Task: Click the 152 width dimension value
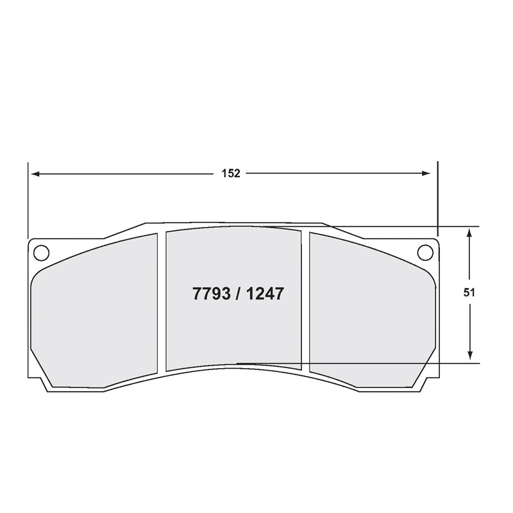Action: tap(231, 173)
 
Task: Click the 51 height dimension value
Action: tap(469, 293)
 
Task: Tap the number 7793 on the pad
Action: tap(212, 294)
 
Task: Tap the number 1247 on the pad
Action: tap(265, 294)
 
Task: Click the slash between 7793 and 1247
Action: tap(238, 294)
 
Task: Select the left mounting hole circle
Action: tap(41, 253)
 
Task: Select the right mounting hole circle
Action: tap(425, 252)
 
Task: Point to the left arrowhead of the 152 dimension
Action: tap(35, 174)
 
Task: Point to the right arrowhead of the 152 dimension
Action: tap(426, 173)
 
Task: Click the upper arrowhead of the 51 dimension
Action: tap(469, 233)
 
